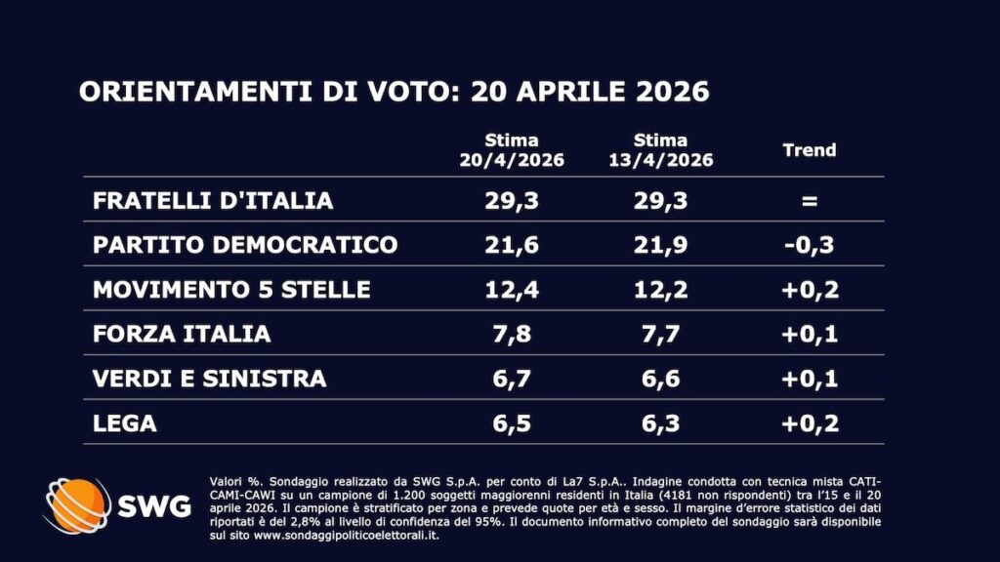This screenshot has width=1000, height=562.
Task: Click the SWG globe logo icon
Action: coord(76,505)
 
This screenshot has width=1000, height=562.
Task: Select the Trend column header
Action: coord(810,150)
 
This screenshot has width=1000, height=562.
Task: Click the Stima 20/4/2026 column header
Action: coord(512,150)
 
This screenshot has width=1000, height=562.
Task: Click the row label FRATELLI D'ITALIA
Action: coord(213,200)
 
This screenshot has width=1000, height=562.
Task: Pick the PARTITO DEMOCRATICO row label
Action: coord(245,245)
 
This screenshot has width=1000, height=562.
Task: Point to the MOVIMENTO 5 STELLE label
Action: coord(231,290)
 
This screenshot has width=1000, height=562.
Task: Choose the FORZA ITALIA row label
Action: coord(182,334)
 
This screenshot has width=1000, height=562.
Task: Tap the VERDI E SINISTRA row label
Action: coord(209,379)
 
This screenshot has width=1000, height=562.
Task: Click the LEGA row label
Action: coord(125,423)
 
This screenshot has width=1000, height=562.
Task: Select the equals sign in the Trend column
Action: coord(810,201)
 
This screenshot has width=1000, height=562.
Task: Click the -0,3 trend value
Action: coord(810,245)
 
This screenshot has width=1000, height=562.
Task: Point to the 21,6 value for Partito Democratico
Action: coord(512,245)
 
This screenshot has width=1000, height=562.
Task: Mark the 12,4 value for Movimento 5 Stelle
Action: coord(512,290)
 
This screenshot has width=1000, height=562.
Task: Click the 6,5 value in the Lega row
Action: coord(512,423)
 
